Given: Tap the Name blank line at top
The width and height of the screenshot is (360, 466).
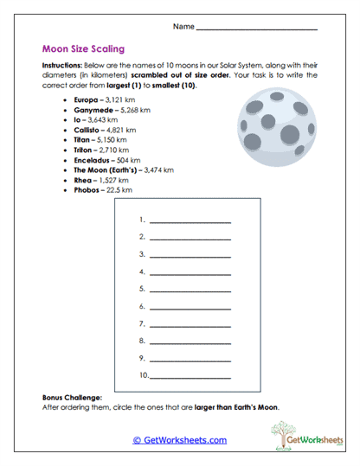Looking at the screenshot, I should point(257,29).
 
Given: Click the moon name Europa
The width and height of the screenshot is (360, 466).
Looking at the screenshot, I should point(87,100).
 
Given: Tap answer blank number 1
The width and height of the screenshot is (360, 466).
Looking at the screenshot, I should point(190,220).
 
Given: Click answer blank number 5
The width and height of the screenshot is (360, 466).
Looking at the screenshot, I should point(190,289).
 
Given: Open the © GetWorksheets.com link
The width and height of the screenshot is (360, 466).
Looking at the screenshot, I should point(180,440).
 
